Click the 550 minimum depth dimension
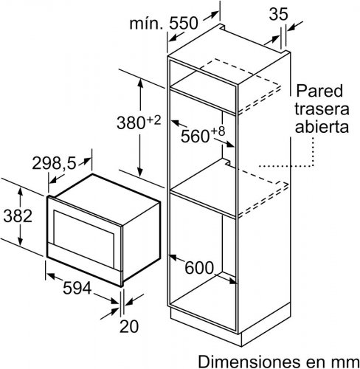(x=184, y=24)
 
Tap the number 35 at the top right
(x=278, y=14)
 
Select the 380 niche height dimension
(x=131, y=123)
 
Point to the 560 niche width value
(x=195, y=136)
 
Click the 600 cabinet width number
(x=199, y=268)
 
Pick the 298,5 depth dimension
(x=54, y=163)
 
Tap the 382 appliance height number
(x=18, y=215)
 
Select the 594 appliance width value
(x=77, y=288)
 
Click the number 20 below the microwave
(x=129, y=326)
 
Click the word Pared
(x=319, y=91)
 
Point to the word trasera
(x=322, y=108)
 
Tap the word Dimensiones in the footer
(x=249, y=362)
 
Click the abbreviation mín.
(x=146, y=24)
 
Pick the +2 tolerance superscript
(x=154, y=120)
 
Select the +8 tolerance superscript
(x=218, y=131)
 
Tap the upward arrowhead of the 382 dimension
(x=21, y=192)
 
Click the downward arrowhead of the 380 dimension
(x=140, y=173)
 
